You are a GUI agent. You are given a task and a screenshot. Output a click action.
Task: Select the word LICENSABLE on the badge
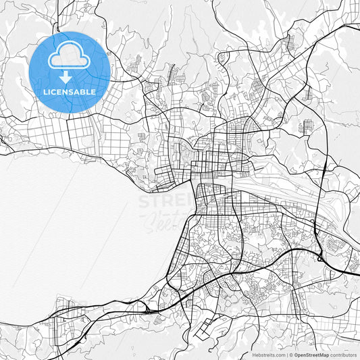[70, 92]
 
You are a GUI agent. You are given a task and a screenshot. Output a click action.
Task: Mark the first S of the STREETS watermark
[143, 201]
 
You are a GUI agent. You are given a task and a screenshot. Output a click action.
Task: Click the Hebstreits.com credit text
[268, 355]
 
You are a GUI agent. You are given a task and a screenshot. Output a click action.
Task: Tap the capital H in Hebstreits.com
[253, 355]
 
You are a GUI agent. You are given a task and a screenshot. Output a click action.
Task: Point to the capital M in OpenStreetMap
[325, 355]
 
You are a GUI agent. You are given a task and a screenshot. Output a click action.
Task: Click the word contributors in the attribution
[344, 355]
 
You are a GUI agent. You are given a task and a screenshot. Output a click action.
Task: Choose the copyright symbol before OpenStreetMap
[290, 355]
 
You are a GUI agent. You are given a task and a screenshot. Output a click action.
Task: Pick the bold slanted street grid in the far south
[206, 328]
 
